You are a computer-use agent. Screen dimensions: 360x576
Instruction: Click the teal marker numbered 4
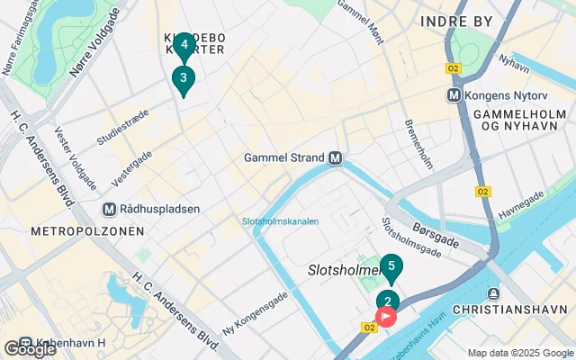coord(184,43)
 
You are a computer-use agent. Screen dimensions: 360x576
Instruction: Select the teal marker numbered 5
coord(391,265)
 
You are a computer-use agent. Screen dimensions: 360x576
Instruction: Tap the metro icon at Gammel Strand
coord(336,157)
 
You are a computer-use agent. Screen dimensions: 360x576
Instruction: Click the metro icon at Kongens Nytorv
coord(454,94)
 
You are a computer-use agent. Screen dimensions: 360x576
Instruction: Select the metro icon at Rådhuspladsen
coord(109,210)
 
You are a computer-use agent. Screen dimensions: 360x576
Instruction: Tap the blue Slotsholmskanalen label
coord(280,221)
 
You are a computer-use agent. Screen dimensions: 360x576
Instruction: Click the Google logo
coord(29,349)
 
